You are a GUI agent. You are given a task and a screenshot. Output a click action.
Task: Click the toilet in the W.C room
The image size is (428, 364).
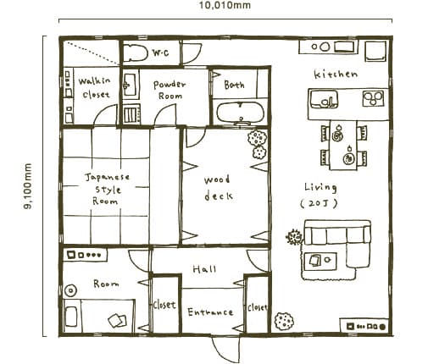click(x=136, y=52)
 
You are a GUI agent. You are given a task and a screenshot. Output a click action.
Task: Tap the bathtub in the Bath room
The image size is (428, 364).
click(x=241, y=113)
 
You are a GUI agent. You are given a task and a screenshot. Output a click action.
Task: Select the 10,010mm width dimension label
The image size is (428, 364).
click(x=225, y=5)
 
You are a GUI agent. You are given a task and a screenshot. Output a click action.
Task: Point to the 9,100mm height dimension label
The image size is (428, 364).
click(x=28, y=186)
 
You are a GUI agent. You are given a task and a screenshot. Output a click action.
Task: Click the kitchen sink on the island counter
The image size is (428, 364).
click(x=324, y=99)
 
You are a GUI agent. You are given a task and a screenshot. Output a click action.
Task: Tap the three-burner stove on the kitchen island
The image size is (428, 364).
click(x=374, y=98)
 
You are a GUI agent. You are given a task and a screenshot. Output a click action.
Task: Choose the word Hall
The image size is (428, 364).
click(x=204, y=269)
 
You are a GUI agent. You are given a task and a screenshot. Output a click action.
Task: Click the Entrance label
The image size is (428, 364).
click(x=210, y=312)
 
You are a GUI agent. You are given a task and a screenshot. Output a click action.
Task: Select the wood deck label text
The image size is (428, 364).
click(x=218, y=188)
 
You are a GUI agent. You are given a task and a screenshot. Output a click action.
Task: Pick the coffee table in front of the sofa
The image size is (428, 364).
click(x=320, y=260)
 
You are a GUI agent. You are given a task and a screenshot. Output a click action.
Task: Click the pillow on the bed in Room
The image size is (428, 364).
click(x=71, y=316)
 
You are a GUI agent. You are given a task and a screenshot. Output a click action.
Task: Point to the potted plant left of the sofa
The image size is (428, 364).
click(x=294, y=237)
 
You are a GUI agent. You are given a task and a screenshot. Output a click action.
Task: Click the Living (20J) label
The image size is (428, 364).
click(x=320, y=195)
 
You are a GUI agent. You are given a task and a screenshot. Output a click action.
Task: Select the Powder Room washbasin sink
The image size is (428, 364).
click(x=130, y=85)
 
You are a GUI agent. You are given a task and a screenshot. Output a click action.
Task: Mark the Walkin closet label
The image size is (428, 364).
click(x=95, y=87)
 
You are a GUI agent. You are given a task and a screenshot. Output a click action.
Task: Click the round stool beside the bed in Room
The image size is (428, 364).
click(x=70, y=290)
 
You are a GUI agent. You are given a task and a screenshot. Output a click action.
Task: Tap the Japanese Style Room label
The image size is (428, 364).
click(x=107, y=189)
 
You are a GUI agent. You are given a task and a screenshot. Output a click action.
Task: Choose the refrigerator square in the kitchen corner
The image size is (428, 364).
click(x=375, y=51)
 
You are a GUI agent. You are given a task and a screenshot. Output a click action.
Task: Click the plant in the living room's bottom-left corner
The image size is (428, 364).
click(x=284, y=321)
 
